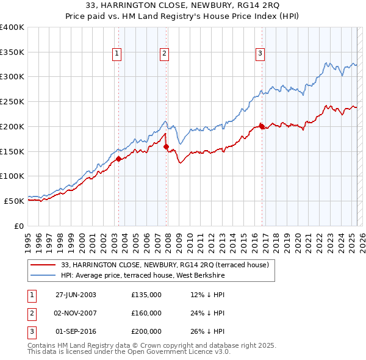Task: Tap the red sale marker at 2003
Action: tap(118, 159)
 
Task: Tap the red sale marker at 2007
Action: tap(166, 146)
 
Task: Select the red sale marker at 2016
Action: tap(262, 126)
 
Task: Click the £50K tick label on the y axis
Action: tap(15, 201)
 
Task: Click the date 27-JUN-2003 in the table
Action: tap(76, 295)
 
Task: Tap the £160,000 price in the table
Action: tap(146, 313)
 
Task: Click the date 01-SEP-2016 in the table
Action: tap(76, 331)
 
